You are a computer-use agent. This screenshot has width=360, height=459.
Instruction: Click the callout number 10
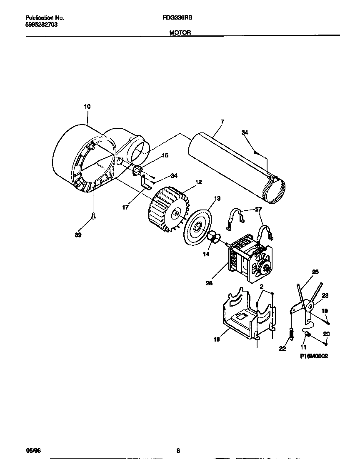pos(87,107)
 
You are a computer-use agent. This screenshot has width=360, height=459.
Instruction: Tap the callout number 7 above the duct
pos(222,122)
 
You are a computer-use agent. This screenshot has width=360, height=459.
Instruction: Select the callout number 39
pos(78,235)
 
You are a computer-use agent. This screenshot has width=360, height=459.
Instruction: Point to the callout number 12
pos(198,182)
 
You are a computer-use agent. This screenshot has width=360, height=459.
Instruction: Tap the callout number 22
pos(282,349)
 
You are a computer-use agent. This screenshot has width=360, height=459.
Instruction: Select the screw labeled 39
pos(94,216)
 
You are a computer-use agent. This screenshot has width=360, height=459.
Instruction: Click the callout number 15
pos(165,155)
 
